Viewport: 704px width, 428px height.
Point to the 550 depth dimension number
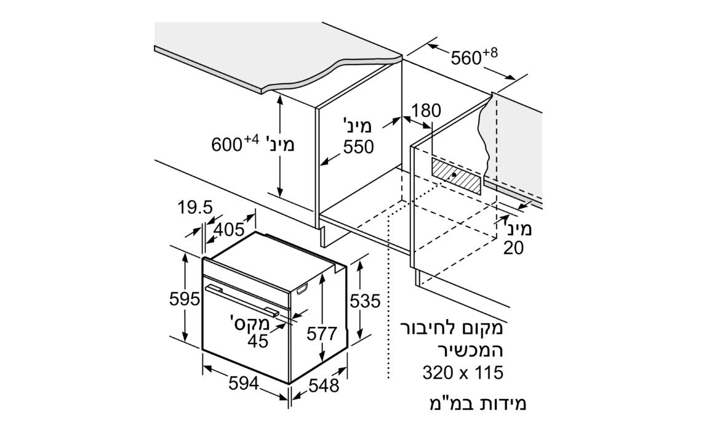[359, 147]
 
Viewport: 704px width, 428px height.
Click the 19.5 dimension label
[194, 208]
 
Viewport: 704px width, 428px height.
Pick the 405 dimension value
[228, 230]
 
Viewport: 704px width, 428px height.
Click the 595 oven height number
[184, 299]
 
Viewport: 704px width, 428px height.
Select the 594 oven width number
[244, 384]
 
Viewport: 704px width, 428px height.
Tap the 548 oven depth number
[324, 386]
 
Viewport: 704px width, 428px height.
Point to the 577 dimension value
[321, 334]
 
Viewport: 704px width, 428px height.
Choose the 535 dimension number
[365, 301]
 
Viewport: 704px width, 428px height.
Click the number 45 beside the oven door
[258, 341]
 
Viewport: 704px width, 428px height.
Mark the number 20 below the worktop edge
[514, 248]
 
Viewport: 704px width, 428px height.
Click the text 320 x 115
[463, 373]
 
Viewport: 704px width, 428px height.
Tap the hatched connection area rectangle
[456, 176]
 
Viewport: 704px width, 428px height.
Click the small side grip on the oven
[302, 289]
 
